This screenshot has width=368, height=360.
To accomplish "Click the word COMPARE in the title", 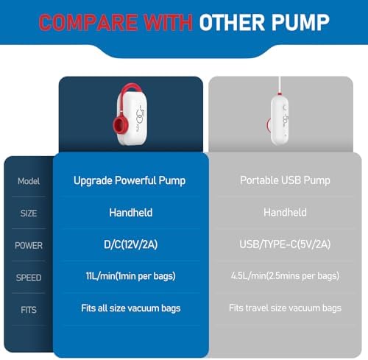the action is pyautogui.click(x=88, y=22).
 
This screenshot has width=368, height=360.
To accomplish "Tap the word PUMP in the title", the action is pyautogui.click(x=300, y=22).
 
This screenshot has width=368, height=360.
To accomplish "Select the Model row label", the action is pyautogui.click(x=29, y=181).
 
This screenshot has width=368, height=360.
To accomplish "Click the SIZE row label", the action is pyautogui.click(x=29, y=213).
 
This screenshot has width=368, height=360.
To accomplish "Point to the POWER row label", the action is pyautogui.click(x=29, y=245).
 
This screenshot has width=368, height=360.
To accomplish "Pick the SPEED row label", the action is pyautogui.click(x=29, y=278).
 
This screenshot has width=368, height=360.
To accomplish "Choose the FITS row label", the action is pyautogui.click(x=29, y=310).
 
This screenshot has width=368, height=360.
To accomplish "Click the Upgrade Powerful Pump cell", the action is pyautogui.click(x=130, y=181).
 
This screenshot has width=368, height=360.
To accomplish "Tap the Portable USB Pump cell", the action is pyautogui.click(x=285, y=180).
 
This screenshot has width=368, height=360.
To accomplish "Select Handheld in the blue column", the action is pyautogui.click(x=131, y=213).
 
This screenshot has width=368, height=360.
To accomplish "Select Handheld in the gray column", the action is pyautogui.click(x=285, y=212).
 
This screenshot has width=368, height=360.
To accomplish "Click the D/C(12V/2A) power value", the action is pyautogui.click(x=130, y=244).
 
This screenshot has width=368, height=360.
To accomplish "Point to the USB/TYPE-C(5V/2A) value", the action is pyautogui.click(x=285, y=244).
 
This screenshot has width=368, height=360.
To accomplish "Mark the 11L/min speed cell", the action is pyautogui.click(x=130, y=276).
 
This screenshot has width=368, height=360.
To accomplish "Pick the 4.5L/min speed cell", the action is pyautogui.click(x=285, y=276).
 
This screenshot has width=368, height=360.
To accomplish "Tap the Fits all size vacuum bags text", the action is pyautogui.click(x=131, y=308).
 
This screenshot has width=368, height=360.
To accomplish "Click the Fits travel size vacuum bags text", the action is pyautogui.click(x=285, y=308).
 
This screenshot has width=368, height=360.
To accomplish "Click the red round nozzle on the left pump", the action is pyautogui.click(x=119, y=124).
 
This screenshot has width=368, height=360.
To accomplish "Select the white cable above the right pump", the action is pyautogui.click(x=280, y=85).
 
